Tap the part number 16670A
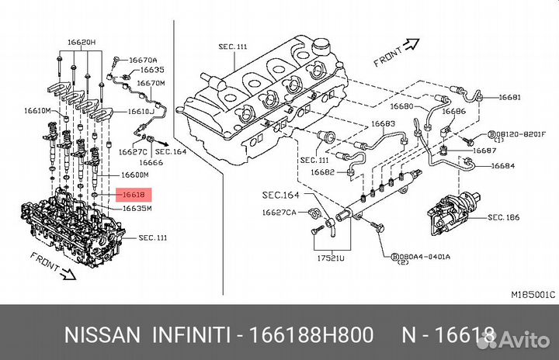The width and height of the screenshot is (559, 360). point(143,59)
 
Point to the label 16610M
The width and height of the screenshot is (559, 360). point(37,112)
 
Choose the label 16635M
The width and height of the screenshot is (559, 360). point(137,208)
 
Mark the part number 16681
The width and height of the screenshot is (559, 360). point(510,98)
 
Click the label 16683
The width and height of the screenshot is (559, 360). point(382,123)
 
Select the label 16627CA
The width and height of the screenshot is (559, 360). point(279,212)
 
